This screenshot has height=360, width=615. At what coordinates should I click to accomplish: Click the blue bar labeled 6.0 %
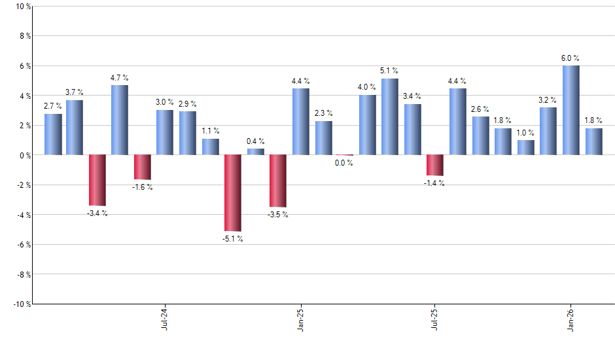571,110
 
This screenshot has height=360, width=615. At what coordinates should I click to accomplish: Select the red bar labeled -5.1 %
233,192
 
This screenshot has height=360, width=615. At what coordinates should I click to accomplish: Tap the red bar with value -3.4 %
97,180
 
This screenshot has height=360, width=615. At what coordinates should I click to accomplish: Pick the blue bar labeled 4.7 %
120,120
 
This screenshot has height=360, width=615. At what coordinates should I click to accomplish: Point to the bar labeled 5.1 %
390,117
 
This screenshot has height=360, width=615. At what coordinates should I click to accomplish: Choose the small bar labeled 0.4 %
255,152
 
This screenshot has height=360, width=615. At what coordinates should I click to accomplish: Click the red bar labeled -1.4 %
435,165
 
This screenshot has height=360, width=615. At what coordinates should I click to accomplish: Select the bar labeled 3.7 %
75,127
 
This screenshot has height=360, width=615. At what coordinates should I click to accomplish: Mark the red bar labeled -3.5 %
278,181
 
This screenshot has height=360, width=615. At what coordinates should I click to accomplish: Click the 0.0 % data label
345,163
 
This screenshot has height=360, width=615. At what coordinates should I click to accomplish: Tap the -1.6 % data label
142,187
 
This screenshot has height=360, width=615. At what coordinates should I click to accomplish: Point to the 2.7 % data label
52,106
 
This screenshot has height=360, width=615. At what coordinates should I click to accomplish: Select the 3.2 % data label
548,100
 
